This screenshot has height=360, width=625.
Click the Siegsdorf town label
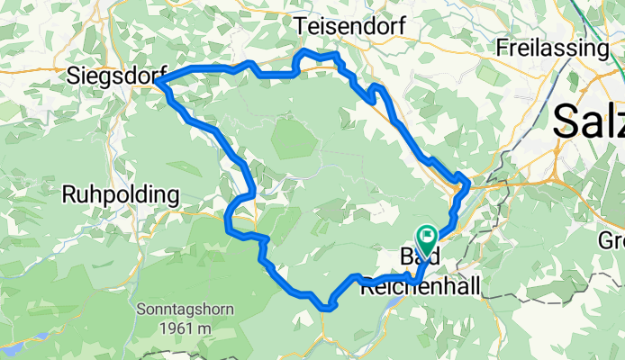109,77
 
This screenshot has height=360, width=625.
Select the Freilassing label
553,47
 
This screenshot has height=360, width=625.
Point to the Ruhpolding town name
121,194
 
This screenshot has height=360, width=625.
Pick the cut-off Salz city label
590,120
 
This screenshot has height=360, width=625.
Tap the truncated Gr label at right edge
612,240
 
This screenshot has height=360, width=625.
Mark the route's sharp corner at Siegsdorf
158,83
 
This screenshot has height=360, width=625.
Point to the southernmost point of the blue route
327,309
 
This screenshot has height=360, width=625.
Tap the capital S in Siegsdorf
73,77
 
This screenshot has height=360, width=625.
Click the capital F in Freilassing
503,47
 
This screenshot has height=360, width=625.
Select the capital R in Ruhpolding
68,194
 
